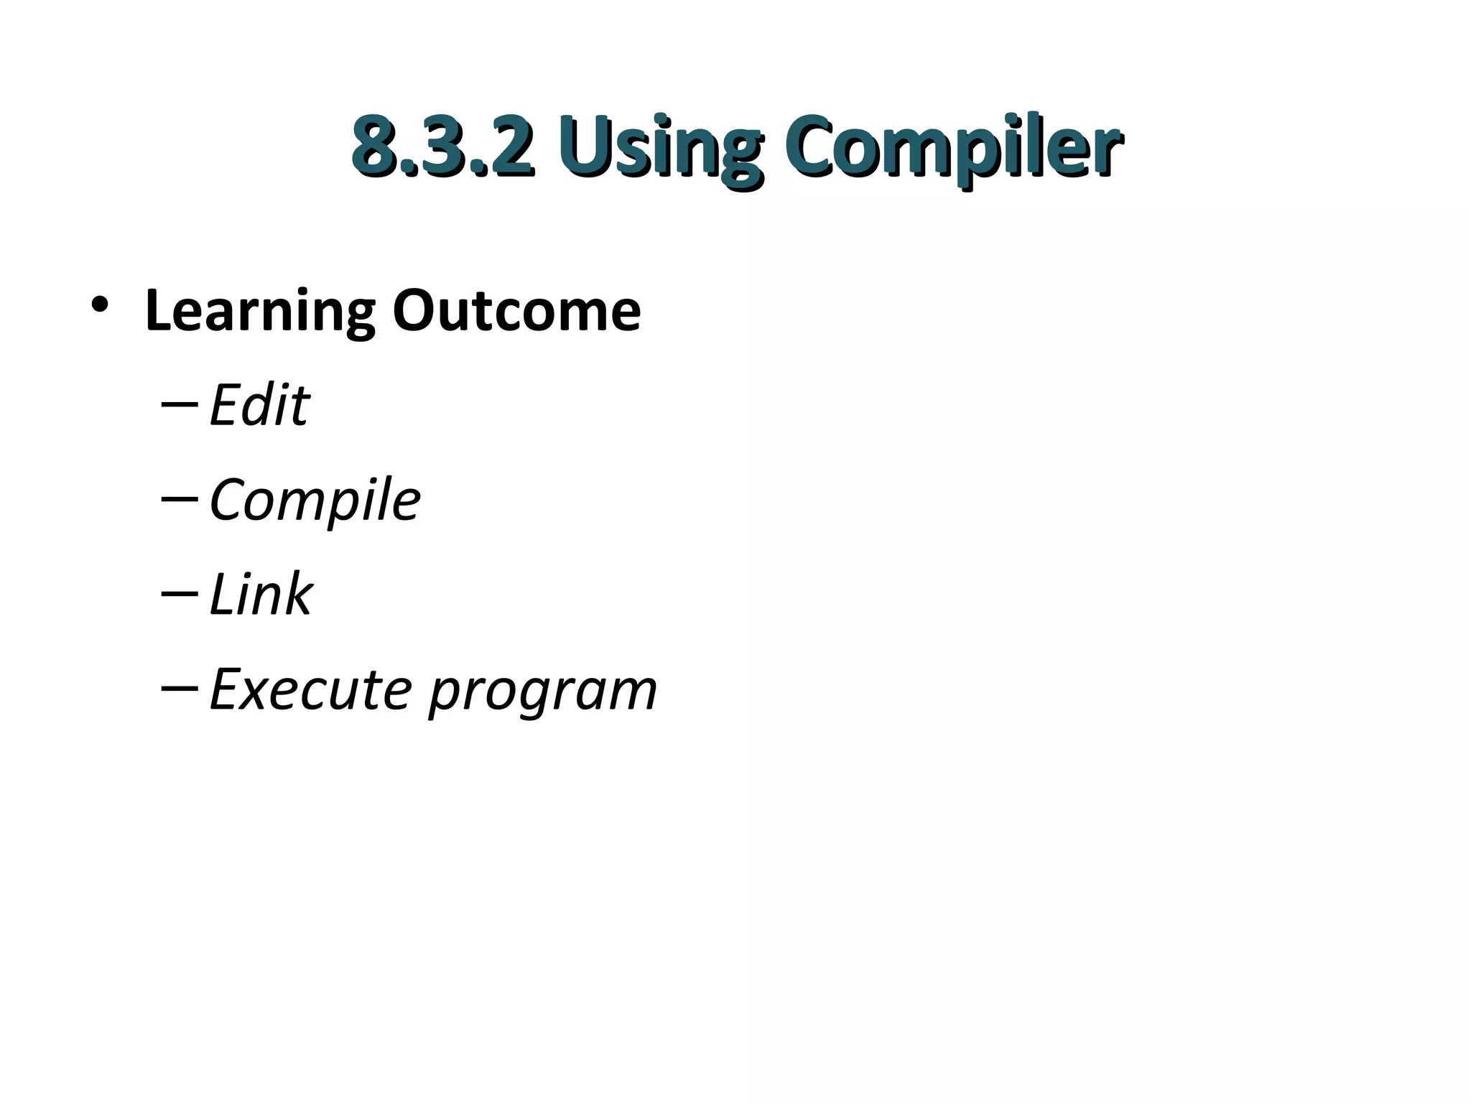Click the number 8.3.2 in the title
(x=443, y=145)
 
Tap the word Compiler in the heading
(x=952, y=147)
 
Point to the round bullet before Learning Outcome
(x=100, y=305)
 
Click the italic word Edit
(x=259, y=406)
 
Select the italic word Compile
(x=315, y=501)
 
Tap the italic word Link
(x=261, y=595)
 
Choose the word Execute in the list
(x=310, y=689)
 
